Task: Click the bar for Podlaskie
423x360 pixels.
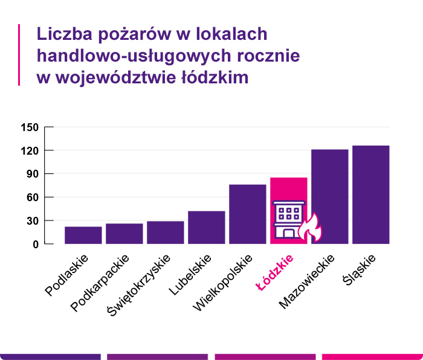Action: point(83,235)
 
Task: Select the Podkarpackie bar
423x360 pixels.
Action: point(124,234)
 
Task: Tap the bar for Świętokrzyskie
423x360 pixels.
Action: point(166,233)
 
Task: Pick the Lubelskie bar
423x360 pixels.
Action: point(207,227)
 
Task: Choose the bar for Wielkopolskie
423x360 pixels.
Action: point(248,214)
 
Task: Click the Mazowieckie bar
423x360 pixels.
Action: point(330,196)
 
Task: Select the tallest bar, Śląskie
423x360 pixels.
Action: point(371,194)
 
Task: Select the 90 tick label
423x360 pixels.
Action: point(32,174)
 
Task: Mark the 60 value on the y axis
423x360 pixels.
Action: point(32,198)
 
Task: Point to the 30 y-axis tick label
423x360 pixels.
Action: point(32,221)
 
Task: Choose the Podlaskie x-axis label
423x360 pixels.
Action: point(68,275)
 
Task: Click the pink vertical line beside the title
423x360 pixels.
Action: point(19,55)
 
